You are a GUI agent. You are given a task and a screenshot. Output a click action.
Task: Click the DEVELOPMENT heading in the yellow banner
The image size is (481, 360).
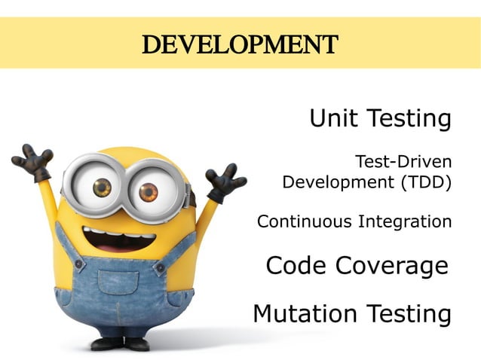[240, 44]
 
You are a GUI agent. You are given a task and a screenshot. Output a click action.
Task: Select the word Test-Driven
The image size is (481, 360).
[403, 161]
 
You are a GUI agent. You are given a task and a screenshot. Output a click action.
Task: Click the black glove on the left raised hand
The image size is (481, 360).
[32, 161]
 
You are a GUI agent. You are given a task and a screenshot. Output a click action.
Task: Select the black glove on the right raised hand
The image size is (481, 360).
[225, 182]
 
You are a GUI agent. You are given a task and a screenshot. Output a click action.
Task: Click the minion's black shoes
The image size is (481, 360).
[121, 343]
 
